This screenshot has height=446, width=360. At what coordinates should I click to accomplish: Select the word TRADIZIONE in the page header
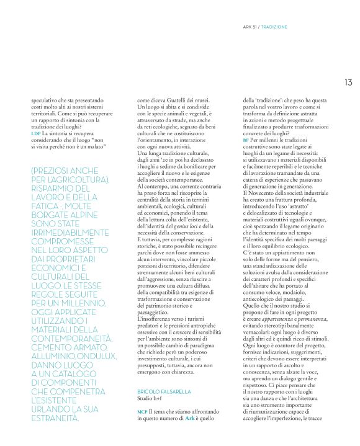[x=276, y=27]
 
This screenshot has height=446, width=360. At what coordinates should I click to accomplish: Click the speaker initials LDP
[x=35, y=133]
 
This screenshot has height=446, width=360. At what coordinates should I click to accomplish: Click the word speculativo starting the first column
[x=46, y=100]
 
